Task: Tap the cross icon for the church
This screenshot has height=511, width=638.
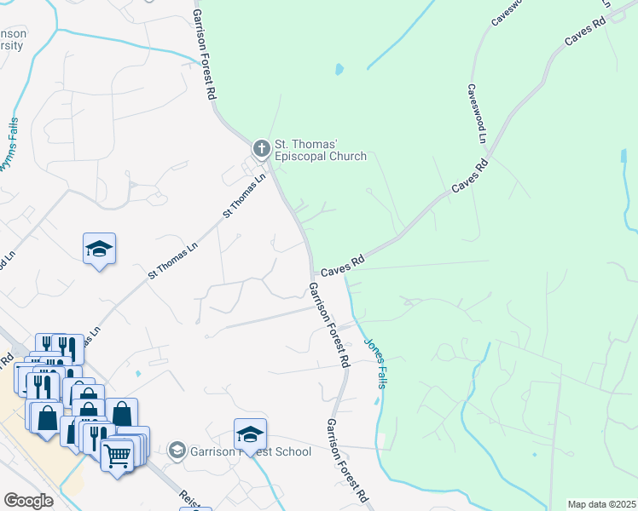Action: tap(261, 149)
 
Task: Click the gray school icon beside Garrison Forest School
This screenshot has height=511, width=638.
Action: tap(177, 450)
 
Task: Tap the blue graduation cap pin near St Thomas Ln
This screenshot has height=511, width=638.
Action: tap(99, 250)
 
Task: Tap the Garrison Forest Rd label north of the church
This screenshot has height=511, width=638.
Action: tap(202, 55)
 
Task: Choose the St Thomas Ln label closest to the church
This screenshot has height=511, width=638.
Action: tap(244, 196)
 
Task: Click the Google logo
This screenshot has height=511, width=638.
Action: tap(29, 501)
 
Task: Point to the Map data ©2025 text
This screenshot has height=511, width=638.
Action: tap(601, 504)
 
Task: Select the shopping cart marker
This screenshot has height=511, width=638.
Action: tap(118, 455)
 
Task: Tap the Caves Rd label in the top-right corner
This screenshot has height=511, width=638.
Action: tap(586, 32)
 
